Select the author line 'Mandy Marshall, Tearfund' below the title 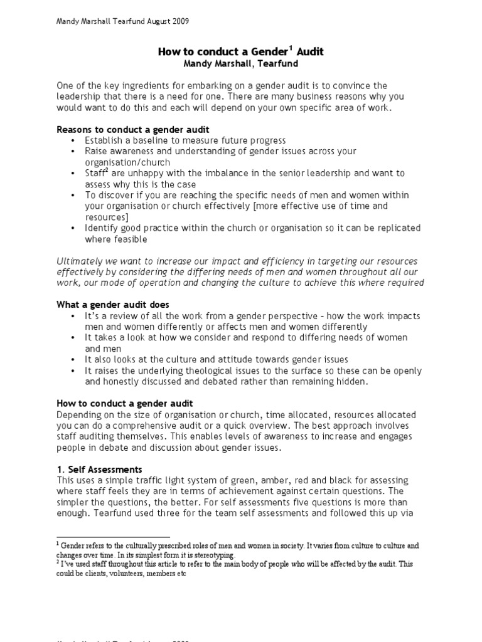(x=241, y=63)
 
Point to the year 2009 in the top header (x=179, y=21)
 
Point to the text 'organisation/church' (x=124, y=162)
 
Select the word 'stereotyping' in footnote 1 (x=215, y=555)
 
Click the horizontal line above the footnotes (x=113, y=537)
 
